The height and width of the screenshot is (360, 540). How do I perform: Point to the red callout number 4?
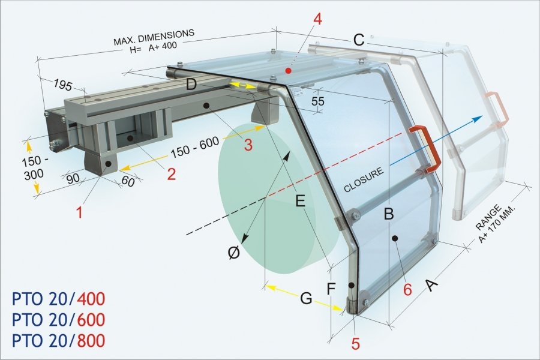317,19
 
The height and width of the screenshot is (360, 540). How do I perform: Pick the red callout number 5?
355,344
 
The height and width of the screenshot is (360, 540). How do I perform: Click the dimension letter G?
306,298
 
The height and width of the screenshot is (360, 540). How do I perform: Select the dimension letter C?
359,41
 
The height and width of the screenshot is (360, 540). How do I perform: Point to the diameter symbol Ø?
235,253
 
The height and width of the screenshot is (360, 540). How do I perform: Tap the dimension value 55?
317,101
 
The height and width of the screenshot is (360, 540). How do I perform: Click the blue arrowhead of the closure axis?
478,119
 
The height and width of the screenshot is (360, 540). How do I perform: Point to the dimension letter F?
331,289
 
